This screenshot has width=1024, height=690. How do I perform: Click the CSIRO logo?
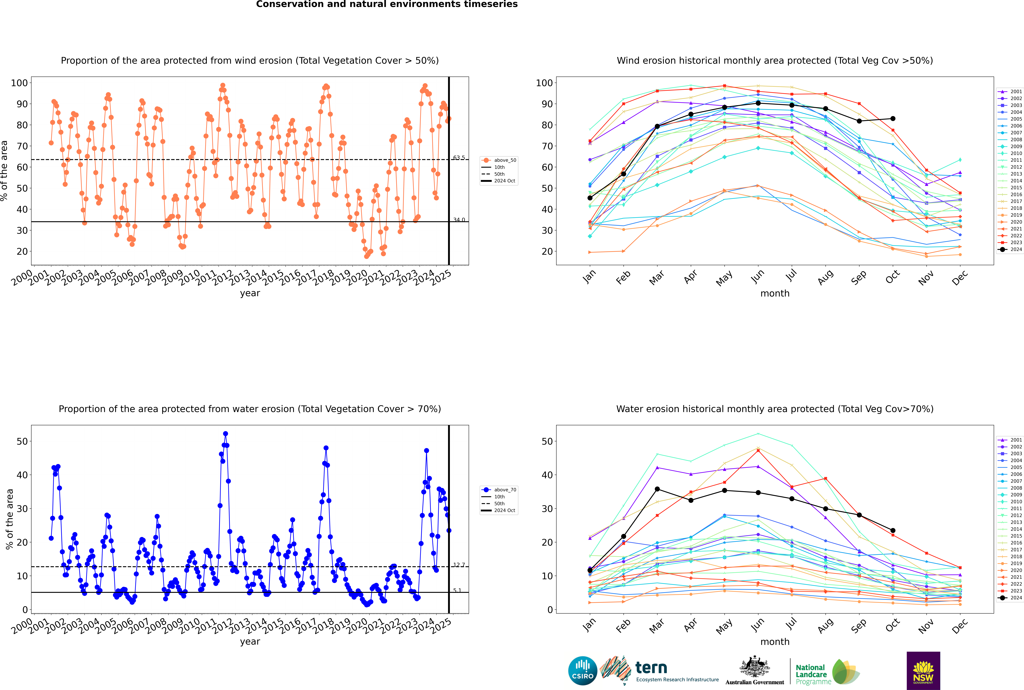pyautogui.click(x=582, y=671)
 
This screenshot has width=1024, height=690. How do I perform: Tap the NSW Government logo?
pyautogui.click(x=923, y=671)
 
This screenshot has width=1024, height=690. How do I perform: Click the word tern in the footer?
pyautogui.click(x=651, y=668)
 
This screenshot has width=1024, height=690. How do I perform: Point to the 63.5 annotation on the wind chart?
pyautogui.click(x=459, y=158)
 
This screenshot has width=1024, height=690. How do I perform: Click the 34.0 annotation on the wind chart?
pyautogui.click(x=459, y=220)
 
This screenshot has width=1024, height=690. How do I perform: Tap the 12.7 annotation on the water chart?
pyautogui.click(x=459, y=565)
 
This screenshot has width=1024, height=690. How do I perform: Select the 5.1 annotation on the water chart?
pyautogui.click(x=457, y=591)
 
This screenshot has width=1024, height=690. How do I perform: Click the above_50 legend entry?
pyautogui.click(x=499, y=160)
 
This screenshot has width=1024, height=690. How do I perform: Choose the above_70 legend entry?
pyautogui.click(x=499, y=490)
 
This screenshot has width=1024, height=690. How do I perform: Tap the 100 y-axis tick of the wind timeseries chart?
pyautogui.click(x=19, y=83)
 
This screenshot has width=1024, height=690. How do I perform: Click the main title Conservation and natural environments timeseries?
pyautogui.click(x=387, y=4)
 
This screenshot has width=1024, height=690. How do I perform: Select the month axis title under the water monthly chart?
pyautogui.click(x=775, y=642)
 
